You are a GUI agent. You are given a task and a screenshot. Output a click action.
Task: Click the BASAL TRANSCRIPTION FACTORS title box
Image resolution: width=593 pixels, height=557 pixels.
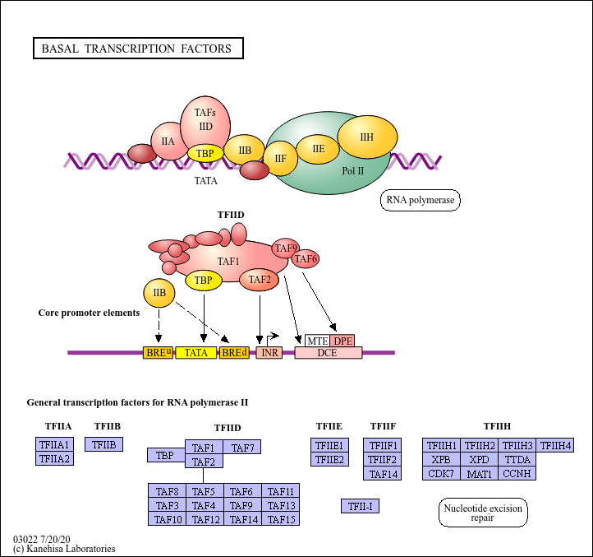pyautogui.click(x=138, y=49)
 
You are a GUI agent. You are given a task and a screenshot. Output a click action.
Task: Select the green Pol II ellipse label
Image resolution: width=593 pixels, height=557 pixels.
pyautogui.click(x=353, y=171)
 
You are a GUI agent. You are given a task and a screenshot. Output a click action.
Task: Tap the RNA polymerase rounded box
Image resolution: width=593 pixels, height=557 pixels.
pyautogui.click(x=420, y=200)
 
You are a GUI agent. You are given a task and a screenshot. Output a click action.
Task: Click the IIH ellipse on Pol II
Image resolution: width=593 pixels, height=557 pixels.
pyautogui.click(x=366, y=137)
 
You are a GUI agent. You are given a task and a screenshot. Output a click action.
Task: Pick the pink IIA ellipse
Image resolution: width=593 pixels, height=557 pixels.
pyautogui.click(x=168, y=142)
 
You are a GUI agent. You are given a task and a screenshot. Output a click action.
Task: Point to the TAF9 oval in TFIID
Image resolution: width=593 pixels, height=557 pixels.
pyautogui.click(x=286, y=248)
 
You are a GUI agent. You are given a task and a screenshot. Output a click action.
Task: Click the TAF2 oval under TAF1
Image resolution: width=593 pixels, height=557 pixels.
pyautogui.click(x=260, y=280)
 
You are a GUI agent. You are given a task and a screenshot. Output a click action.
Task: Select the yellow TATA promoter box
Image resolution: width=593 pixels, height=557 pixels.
pyautogui.click(x=195, y=353)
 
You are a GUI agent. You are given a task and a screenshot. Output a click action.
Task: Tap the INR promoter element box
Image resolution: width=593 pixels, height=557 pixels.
pyautogui.click(x=269, y=353)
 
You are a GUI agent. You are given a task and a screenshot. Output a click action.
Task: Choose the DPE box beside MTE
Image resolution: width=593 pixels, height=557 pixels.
pyautogui.click(x=342, y=341)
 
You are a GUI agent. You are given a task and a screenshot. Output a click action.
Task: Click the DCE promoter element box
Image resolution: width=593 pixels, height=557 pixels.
pyautogui.click(x=328, y=353)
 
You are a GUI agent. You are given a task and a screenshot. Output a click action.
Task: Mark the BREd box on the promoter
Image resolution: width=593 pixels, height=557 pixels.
pyautogui.click(x=234, y=353)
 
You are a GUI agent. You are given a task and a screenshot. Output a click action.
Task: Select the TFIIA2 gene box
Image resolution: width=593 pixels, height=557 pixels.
pyautogui.click(x=55, y=459)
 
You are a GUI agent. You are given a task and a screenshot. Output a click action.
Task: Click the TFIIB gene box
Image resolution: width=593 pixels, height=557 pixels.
pyautogui.click(x=104, y=445)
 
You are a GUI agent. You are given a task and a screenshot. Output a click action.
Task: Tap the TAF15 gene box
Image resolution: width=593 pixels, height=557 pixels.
pyautogui.click(x=281, y=519)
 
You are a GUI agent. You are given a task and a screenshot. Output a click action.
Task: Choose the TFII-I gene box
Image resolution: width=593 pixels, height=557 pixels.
pyautogui.click(x=360, y=506)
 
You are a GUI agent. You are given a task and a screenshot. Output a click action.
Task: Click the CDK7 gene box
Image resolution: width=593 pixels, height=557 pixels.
pyautogui.click(x=441, y=473)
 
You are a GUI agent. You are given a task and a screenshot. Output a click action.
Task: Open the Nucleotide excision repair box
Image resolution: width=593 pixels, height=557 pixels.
pyautogui.click(x=483, y=513)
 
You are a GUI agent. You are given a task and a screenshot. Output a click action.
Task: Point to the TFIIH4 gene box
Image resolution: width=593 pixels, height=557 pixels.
pyautogui.click(x=555, y=445)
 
